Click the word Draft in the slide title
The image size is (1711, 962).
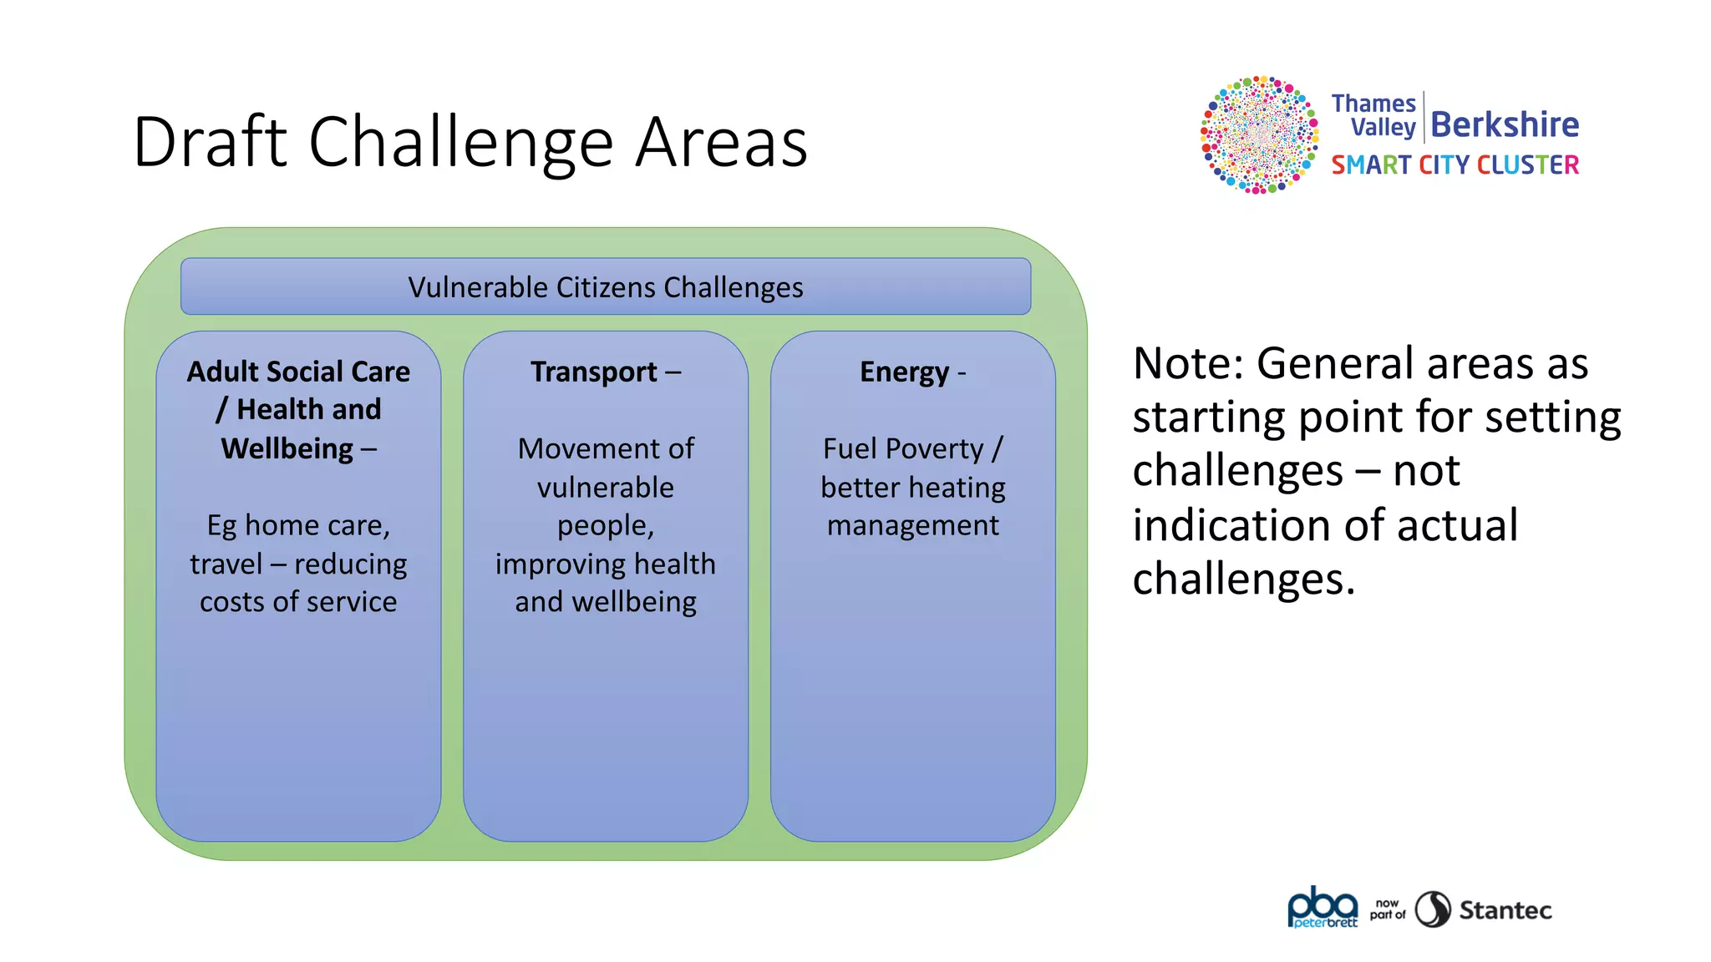(x=209, y=142)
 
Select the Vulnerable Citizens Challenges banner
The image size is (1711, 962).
(x=605, y=286)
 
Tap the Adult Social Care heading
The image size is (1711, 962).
(x=298, y=372)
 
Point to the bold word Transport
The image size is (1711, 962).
(x=593, y=372)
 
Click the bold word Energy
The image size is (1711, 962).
(x=904, y=372)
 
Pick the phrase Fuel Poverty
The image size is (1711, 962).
(x=902, y=448)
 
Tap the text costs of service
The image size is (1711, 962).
(x=298, y=601)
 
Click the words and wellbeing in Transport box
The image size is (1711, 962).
(x=605, y=601)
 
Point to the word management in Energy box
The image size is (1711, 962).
(x=912, y=525)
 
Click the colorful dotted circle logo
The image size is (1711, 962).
(x=1259, y=134)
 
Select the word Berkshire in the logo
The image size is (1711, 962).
(x=1504, y=124)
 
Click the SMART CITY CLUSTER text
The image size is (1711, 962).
(x=1455, y=165)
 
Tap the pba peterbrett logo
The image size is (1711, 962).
(x=1323, y=908)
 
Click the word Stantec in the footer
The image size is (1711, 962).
(x=1505, y=909)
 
